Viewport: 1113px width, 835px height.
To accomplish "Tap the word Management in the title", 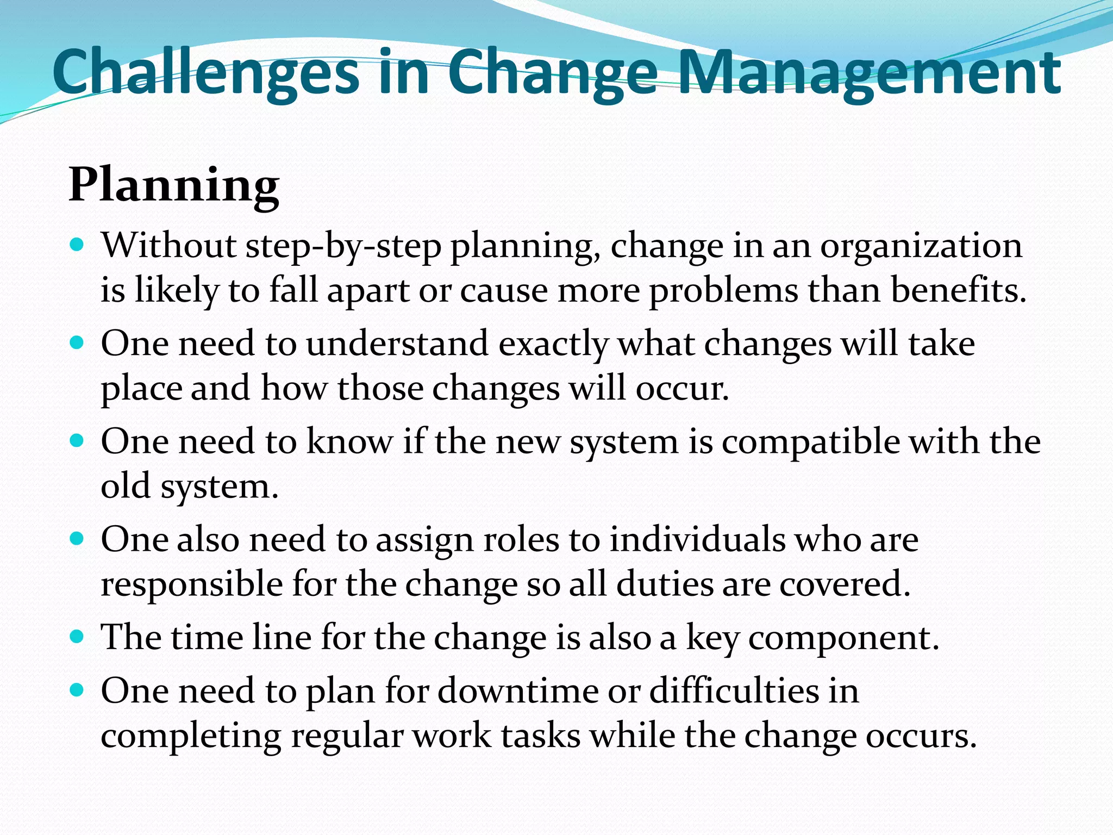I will pyautogui.click(x=869, y=73).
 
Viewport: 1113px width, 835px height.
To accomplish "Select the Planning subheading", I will pyautogui.click(x=174, y=186).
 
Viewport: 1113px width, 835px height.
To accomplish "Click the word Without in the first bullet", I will pyautogui.click(x=168, y=246).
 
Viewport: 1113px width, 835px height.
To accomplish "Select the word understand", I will pyautogui.click(x=397, y=344).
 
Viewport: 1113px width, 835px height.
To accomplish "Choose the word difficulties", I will pyautogui.click(x=731, y=691).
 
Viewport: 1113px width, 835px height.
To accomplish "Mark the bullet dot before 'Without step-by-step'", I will pyautogui.click(x=78, y=244).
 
